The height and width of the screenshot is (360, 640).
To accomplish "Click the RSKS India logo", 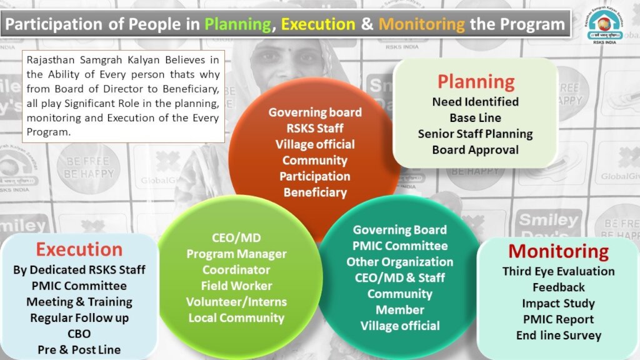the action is click(x=604, y=25).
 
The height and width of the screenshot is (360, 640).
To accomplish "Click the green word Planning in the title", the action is click(x=237, y=24).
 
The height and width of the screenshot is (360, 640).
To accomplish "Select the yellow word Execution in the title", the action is click(x=318, y=24).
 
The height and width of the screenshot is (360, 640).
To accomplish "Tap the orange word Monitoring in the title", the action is click(x=422, y=24).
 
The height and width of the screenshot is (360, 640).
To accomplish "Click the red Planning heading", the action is click(x=476, y=82).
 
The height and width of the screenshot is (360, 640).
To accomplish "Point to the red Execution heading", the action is click(x=79, y=249).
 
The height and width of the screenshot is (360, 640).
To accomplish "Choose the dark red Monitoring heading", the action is click(x=558, y=251).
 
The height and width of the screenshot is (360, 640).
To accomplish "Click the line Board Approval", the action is click(x=476, y=150).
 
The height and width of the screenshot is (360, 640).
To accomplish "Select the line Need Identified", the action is click(x=476, y=102).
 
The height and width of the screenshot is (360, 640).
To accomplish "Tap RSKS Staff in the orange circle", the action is click(x=315, y=128).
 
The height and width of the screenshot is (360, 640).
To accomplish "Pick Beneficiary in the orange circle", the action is click(x=315, y=192).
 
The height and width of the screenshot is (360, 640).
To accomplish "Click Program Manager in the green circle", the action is click(x=236, y=254).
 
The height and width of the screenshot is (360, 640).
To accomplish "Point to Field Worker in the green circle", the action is click(x=236, y=286).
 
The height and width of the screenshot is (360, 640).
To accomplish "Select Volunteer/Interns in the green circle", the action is click(x=236, y=302).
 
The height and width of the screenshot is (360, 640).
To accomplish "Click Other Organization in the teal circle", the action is click(x=399, y=262).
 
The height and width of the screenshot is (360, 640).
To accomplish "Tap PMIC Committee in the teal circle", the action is click(x=400, y=246).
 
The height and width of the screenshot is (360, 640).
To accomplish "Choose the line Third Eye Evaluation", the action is click(x=558, y=271).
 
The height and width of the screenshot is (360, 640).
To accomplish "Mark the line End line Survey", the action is click(x=558, y=336).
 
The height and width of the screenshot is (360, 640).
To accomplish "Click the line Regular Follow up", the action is click(x=79, y=318).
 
